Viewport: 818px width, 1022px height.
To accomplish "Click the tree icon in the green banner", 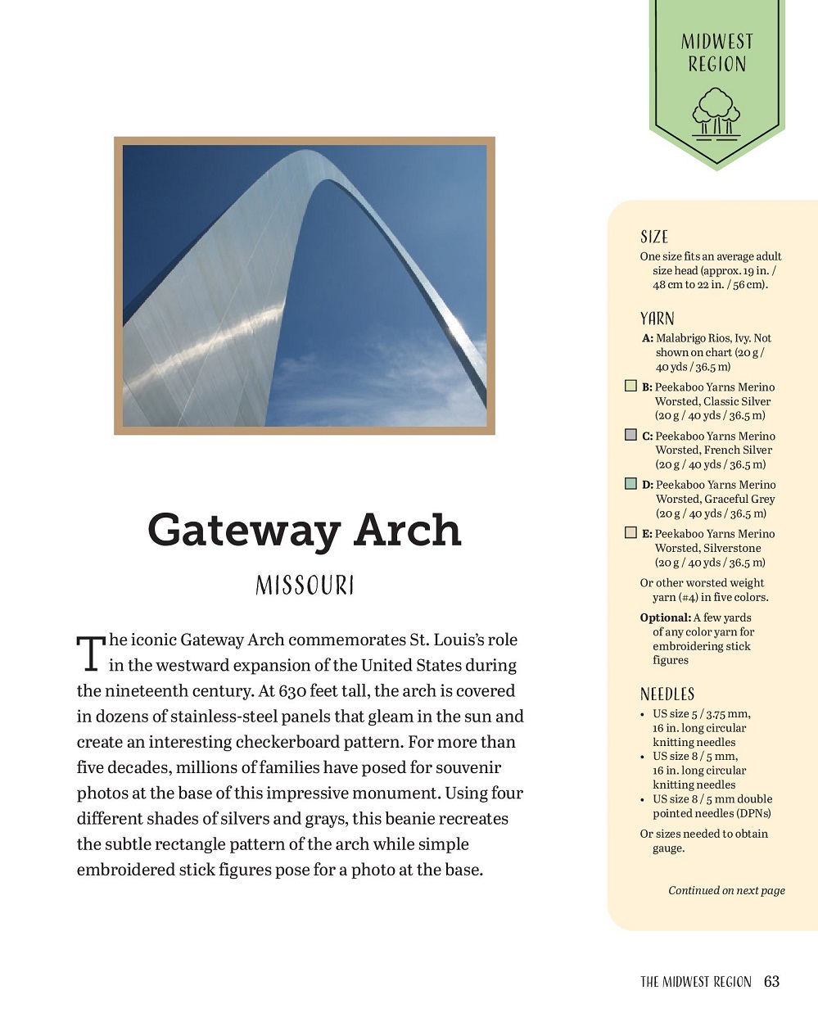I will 716,112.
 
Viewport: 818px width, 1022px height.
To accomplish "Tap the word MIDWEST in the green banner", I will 716,42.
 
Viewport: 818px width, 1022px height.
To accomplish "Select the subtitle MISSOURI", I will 305,586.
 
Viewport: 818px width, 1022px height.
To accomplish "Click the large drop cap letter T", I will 91,653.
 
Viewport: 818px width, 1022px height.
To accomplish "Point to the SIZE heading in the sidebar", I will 654,237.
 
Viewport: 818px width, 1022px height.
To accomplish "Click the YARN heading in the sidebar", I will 658,319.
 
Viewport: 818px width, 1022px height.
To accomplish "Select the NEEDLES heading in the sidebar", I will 667,694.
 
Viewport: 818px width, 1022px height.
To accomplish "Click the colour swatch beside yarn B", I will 630,386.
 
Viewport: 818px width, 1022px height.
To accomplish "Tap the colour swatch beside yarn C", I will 630,435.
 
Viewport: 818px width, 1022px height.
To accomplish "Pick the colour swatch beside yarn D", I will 630,484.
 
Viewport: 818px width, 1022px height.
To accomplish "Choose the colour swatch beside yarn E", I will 630,532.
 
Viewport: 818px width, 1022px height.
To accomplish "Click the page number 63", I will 771,981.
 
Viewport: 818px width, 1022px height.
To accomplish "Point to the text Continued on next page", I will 726,890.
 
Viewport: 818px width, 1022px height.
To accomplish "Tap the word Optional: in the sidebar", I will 666,617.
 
